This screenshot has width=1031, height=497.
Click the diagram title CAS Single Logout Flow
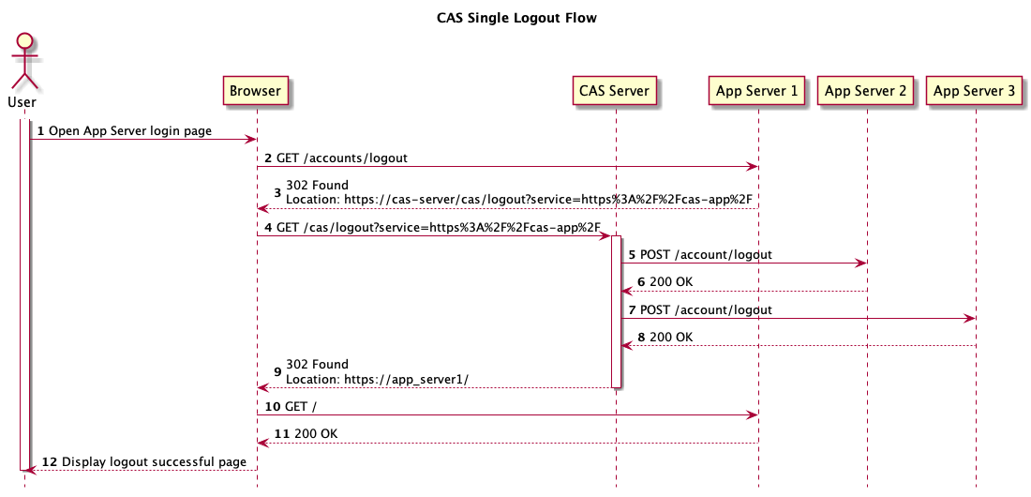point(516,18)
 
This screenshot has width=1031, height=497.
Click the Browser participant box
point(256,91)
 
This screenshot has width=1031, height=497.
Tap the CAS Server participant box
point(615,91)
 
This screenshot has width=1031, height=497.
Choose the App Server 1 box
point(756,91)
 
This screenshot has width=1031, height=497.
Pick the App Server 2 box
point(865,91)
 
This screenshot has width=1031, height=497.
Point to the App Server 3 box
point(975,91)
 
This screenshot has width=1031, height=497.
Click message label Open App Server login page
point(129,130)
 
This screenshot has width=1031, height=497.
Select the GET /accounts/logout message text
point(341,158)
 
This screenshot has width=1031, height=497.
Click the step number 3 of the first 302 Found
point(277,192)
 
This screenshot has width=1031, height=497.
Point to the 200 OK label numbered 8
point(671,337)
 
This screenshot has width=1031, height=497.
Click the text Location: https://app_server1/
point(377,379)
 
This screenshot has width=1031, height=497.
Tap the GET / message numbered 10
point(301,406)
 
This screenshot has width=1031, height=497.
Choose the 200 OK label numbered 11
point(316,434)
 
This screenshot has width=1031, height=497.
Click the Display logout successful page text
point(154,461)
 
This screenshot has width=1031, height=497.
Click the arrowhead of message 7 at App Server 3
point(970,319)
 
